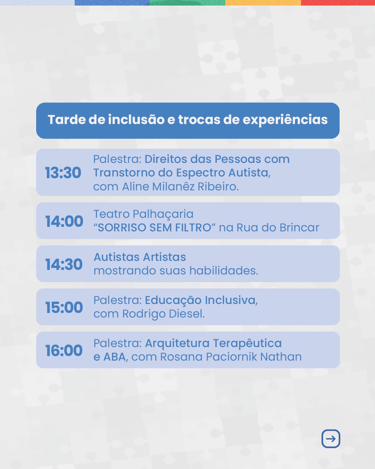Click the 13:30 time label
(63, 173)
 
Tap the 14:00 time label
(64, 221)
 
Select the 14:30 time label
(64, 264)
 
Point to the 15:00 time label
(64, 307)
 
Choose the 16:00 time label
(64, 351)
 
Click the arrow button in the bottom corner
(331, 439)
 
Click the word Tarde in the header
(66, 120)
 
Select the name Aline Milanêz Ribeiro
(180, 187)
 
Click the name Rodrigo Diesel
(164, 314)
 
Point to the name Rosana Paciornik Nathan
(231, 357)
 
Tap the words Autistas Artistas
(140, 257)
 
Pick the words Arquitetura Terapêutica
(213, 344)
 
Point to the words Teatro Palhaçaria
(143, 214)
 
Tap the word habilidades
(224, 271)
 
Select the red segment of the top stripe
(338, 3)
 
